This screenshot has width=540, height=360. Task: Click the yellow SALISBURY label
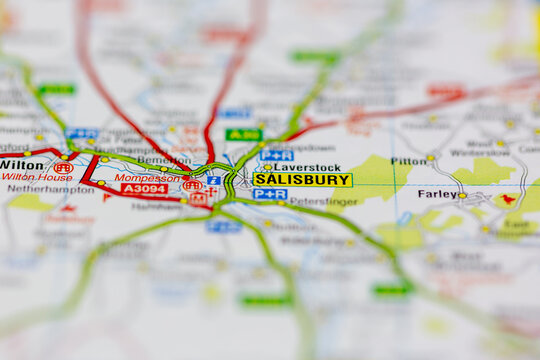[302, 180]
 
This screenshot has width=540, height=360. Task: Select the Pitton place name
[408, 160]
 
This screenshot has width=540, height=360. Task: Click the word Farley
[437, 194]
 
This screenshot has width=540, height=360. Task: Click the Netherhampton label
[50, 188]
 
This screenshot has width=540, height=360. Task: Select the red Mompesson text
[146, 178]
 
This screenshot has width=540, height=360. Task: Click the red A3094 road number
[144, 189]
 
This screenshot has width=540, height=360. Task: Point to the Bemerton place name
[162, 160]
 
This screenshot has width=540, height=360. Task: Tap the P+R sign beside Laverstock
[276, 155]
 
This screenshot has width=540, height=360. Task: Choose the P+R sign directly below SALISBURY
[269, 194]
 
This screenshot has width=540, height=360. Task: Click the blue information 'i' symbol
[213, 181]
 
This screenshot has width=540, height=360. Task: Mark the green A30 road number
[243, 134]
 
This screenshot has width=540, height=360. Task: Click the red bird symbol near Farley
[508, 199]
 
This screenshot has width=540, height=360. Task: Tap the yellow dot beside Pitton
[431, 157]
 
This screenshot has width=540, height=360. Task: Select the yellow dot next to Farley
[462, 195]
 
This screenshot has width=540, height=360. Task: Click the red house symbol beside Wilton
[63, 168]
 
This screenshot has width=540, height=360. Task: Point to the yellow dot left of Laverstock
[267, 167]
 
